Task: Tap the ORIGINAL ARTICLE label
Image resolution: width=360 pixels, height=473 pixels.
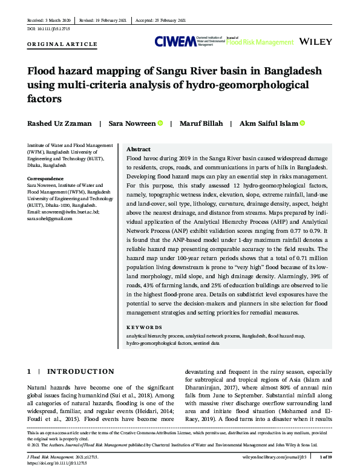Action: click(62, 44)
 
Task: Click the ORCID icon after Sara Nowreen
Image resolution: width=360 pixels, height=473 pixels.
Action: click(160, 123)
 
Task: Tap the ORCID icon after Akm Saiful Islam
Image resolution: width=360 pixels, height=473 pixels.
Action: click(302, 123)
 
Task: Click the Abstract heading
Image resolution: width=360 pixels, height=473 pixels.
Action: click(139, 149)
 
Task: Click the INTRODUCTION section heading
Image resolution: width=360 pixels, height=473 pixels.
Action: click(80, 371)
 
